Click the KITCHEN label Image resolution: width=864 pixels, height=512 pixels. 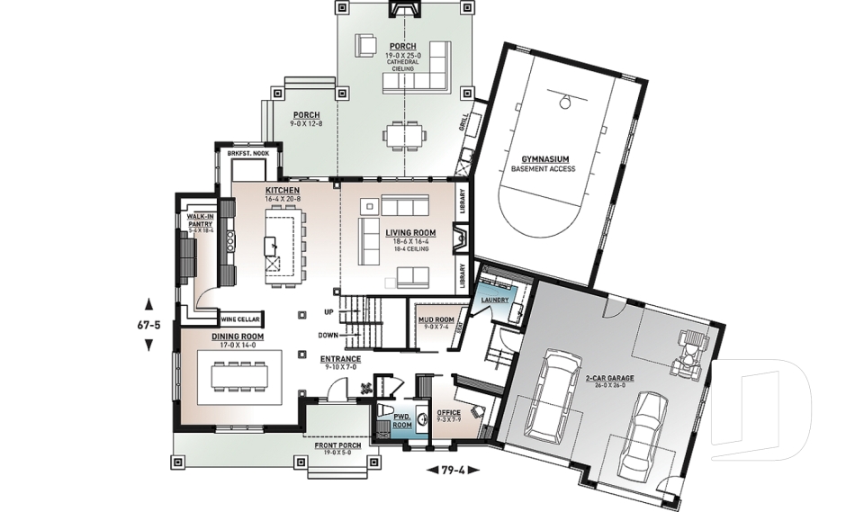click(282, 191)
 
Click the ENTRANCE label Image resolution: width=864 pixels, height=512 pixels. click(340, 358)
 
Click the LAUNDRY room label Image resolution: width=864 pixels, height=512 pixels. click(494, 299)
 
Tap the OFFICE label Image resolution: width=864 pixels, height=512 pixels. click(448, 412)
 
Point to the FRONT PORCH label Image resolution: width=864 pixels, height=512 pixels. click(339, 445)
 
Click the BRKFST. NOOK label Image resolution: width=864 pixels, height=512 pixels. click(247, 154)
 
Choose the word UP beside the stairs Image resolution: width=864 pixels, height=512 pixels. click(329, 312)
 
